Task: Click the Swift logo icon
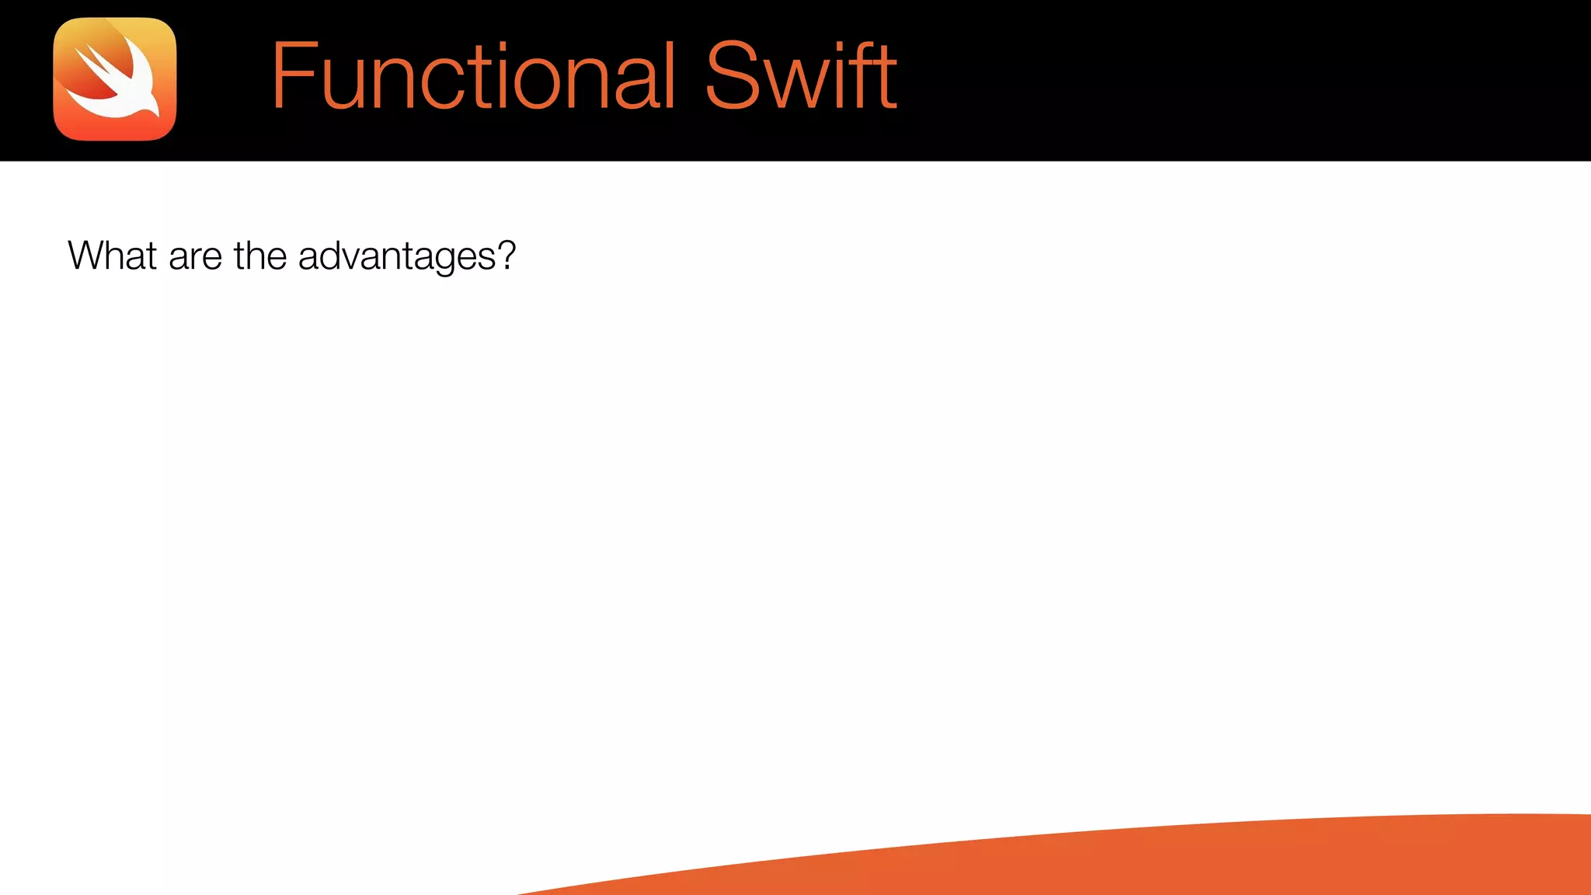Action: pyautogui.click(x=115, y=79)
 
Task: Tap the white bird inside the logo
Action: pyautogui.click(x=117, y=93)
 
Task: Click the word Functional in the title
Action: pyautogui.click(x=472, y=76)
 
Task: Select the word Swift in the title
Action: pyautogui.click(x=800, y=76)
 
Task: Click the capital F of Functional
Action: pyautogui.click(x=294, y=76)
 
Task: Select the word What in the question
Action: pyautogui.click(x=113, y=256)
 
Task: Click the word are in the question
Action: pyautogui.click(x=195, y=257)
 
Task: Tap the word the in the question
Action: pyautogui.click(x=259, y=256)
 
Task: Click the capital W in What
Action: pyautogui.click(x=85, y=256)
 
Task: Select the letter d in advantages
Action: pyautogui.click(x=329, y=256)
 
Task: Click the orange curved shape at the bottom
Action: pyautogui.click(x=1243, y=862)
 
